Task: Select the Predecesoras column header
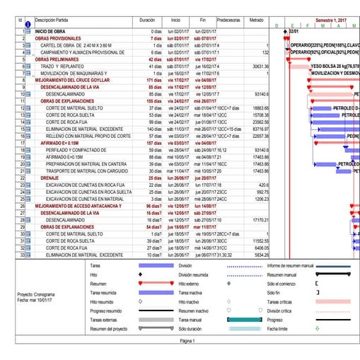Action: point(228,21)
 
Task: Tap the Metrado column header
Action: point(257,21)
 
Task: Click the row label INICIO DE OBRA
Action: point(51,33)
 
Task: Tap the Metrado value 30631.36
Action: point(257,66)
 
